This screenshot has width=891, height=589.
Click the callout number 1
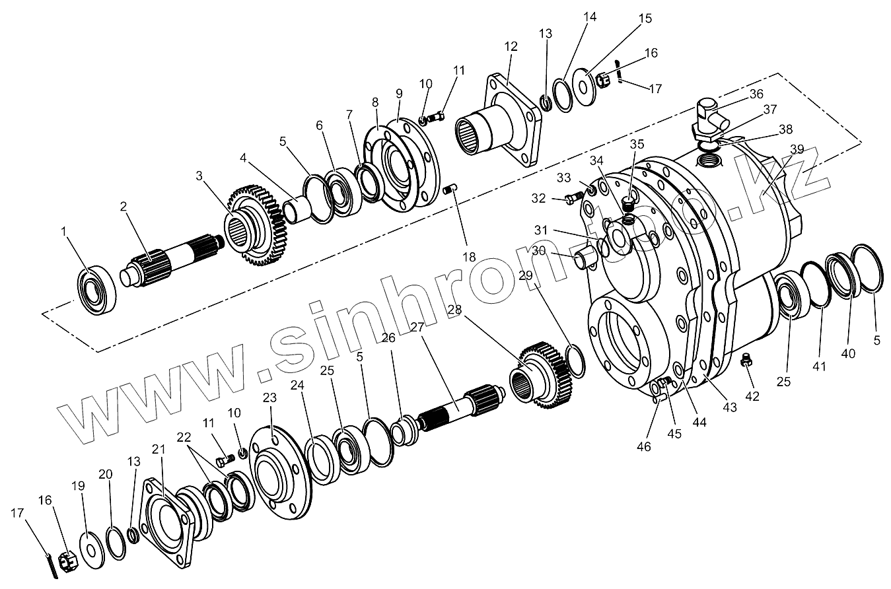(x=63, y=232)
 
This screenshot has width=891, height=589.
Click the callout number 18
(x=469, y=257)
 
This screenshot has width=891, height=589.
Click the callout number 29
(x=526, y=275)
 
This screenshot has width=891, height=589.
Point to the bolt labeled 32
(x=572, y=196)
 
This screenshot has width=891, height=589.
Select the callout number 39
(x=797, y=149)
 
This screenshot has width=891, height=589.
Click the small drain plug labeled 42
(x=748, y=361)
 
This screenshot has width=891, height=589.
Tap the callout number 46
(x=643, y=447)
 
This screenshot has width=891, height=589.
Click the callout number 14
(x=590, y=17)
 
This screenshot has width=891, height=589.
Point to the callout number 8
(x=375, y=102)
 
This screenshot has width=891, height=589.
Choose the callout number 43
(x=729, y=408)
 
